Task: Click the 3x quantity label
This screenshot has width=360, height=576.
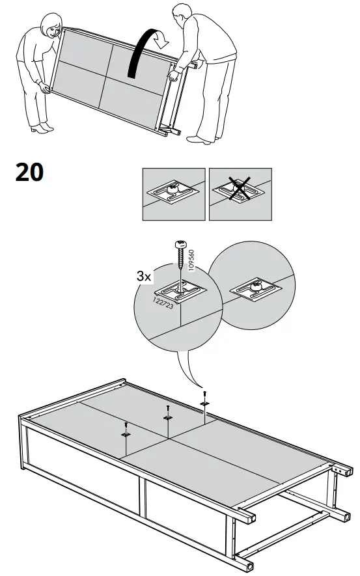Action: click(144, 276)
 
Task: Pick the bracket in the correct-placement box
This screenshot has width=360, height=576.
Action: click(173, 191)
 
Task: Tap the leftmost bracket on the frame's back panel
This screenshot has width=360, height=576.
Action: click(126, 433)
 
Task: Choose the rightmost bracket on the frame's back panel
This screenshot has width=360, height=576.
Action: click(204, 404)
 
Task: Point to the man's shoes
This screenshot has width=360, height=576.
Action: click(199, 138)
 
